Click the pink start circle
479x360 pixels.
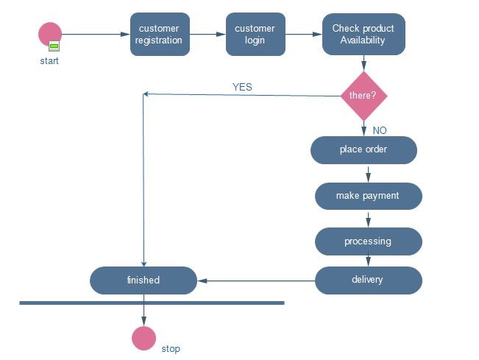point(50,34)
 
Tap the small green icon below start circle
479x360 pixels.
point(54,46)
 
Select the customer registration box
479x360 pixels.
point(160,34)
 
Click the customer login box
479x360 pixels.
point(255,34)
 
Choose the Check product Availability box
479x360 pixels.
point(363,34)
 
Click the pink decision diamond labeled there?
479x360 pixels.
point(363,96)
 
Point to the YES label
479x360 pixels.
point(242,87)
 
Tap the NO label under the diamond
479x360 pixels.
point(380,130)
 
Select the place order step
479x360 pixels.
point(363,149)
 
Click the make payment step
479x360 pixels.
point(368,196)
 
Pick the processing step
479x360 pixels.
point(368,241)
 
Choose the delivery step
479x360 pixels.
point(368,280)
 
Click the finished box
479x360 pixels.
point(143,280)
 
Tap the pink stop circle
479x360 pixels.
point(143,338)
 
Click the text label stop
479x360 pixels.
point(171,348)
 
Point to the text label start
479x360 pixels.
point(49,61)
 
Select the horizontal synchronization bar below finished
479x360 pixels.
point(152,303)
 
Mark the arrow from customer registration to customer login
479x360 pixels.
point(207,34)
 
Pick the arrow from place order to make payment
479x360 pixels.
point(368,173)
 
